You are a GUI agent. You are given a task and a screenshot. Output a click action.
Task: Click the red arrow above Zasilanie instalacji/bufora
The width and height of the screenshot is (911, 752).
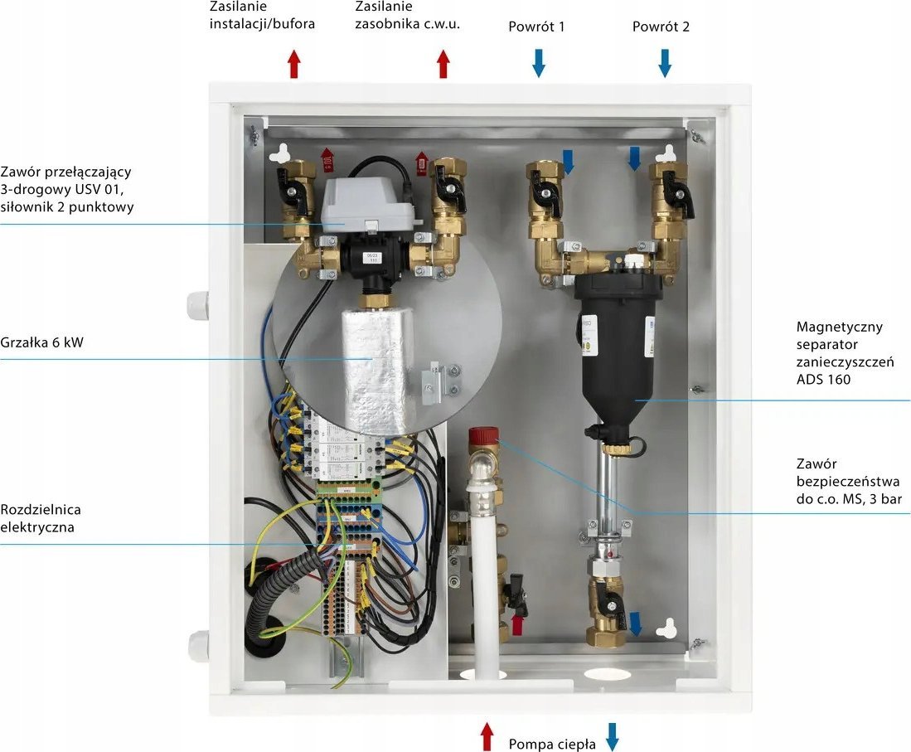[x=294, y=63]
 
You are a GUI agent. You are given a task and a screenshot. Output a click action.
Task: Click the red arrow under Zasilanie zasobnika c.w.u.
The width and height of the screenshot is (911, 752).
[x=443, y=63]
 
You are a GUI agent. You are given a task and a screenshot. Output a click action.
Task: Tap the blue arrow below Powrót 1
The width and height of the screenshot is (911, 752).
[x=539, y=63]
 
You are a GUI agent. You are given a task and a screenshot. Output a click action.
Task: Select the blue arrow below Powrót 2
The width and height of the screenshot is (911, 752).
[x=666, y=63]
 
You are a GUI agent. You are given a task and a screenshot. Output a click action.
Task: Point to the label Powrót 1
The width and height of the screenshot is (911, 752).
[x=536, y=27]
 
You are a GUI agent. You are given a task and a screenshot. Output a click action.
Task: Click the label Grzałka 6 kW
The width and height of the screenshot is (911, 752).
[x=41, y=342]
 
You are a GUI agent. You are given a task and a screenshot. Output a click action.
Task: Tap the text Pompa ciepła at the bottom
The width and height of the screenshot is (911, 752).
[x=552, y=744]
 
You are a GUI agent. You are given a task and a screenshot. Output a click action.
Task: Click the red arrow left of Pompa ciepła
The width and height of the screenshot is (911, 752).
[x=487, y=736]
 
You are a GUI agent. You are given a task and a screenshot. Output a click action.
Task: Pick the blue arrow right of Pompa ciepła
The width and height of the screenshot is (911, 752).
[x=612, y=737]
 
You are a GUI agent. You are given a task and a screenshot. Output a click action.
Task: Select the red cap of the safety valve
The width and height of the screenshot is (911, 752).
[x=484, y=436]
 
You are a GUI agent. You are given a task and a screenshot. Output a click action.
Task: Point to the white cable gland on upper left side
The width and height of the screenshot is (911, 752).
[x=197, y=305]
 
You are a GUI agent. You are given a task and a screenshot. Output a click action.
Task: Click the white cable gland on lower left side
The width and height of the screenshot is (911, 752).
[x=198, y=645]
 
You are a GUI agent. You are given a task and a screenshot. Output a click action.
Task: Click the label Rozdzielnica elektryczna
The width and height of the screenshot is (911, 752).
[x=41, y=518]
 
